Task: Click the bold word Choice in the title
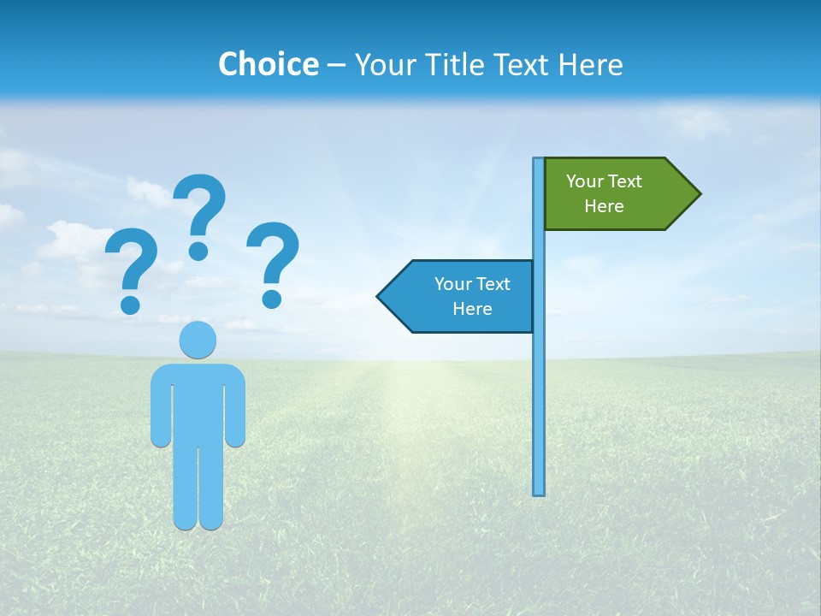tap(268, 64)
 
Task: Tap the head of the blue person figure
tap(198, 340)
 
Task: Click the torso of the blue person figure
tap(198, 402)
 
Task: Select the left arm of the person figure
tap(160, 406)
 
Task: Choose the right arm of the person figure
tap(235, 406)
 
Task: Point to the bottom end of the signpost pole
tap(539, 491)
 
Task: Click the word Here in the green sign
tap(604, 206)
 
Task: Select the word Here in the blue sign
tap(472, 309)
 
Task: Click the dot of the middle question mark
tap(198, 251)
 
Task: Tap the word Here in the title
tap(590, 64)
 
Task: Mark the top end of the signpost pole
tap(539, 162)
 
